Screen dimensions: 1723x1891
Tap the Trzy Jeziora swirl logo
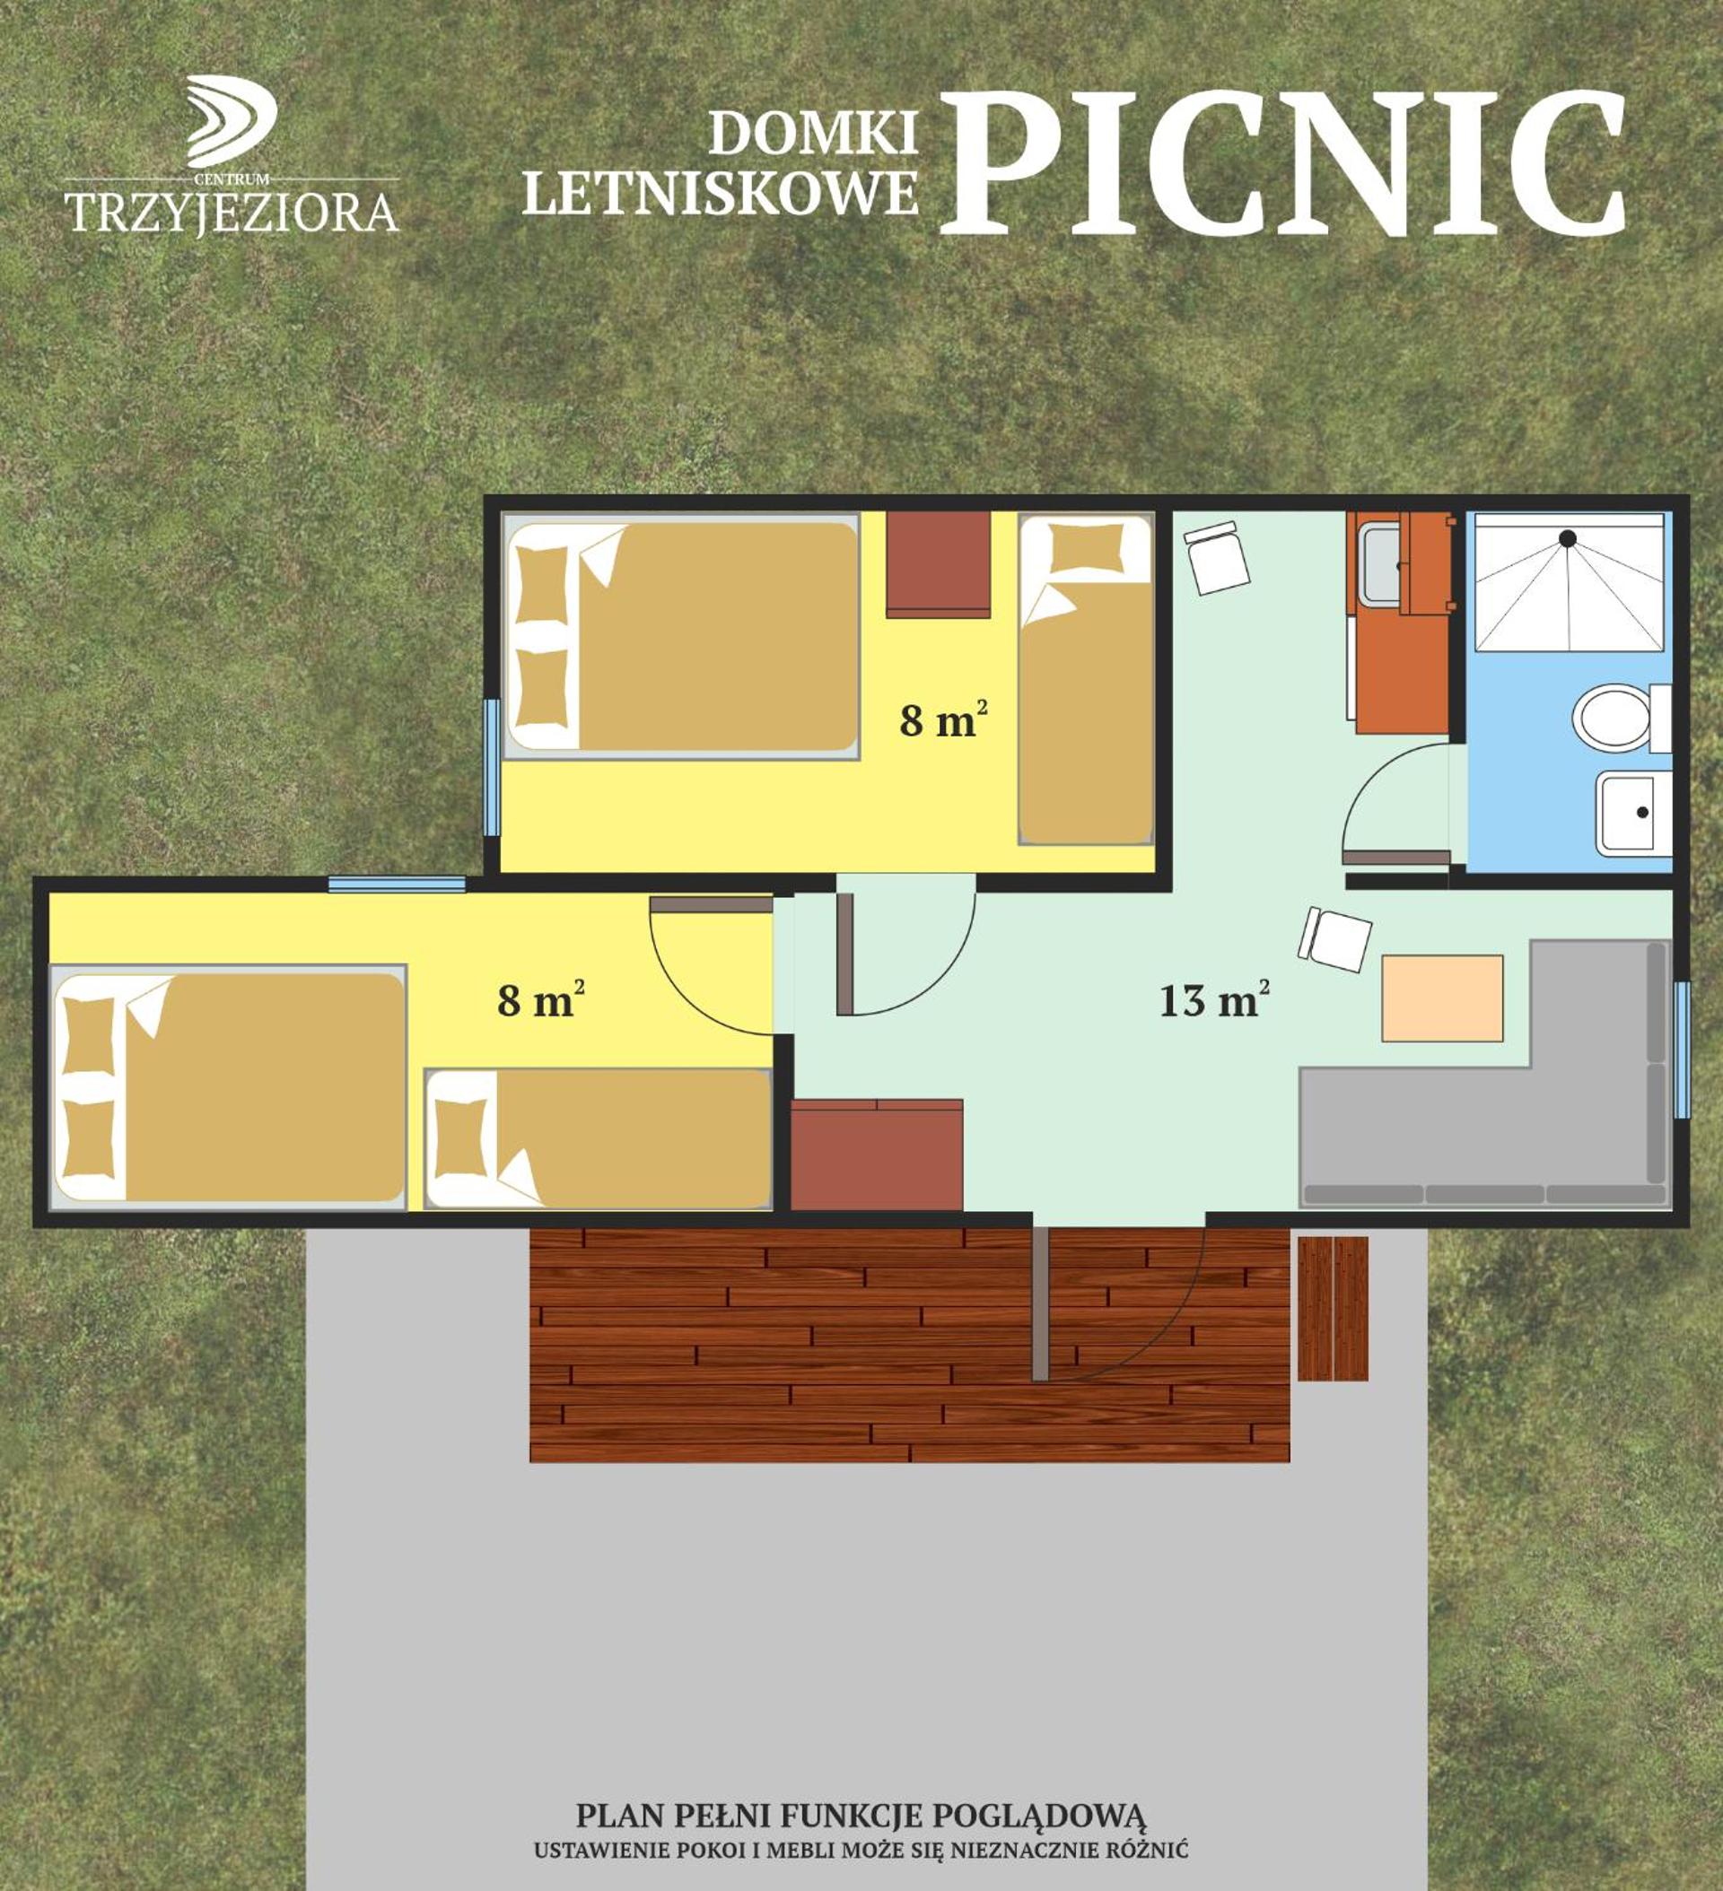point(231,121)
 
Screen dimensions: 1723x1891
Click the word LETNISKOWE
point(720,193)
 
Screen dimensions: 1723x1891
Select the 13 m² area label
point(1214,1000)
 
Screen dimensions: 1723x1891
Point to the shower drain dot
point(1567,537)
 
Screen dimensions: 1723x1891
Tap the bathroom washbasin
point(1633,813)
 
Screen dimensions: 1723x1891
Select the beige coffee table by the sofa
point(1442,998)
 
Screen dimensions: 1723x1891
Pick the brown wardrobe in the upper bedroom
point(939,563)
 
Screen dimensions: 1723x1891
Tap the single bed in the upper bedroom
point(1086,679)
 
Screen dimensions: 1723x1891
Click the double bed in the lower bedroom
point(228,1087)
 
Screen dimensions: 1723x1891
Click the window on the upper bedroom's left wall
point(492,766)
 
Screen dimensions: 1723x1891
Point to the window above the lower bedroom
point(397,884)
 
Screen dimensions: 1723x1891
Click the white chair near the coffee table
point(1334,940)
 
